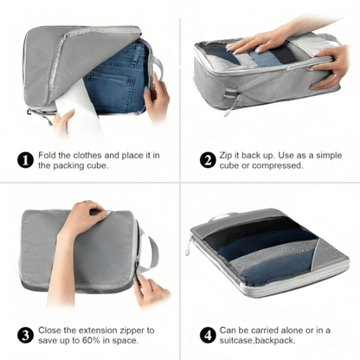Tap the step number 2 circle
pyautogui.click(x=207, y=159)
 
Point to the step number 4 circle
pyautogui.click(x=207, y=334)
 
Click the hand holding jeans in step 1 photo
pyautogui.click(x=157, y=95)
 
